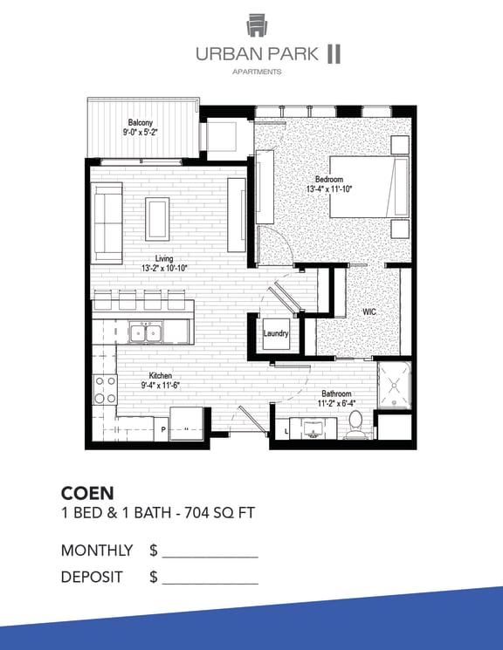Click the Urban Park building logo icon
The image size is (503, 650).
coord(257,25)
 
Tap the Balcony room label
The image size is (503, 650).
coord(141,122)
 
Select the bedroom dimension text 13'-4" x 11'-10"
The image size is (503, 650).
coord(329,189)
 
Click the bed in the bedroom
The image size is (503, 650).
coord(369,187)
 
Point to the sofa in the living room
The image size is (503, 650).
coord(107,223)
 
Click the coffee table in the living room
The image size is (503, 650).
coord(157,219)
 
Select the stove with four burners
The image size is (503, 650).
coord(105,390)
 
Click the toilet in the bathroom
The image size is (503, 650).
coord(355,425)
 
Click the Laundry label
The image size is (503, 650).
coord(276,333)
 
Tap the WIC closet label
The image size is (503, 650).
coord(369,311)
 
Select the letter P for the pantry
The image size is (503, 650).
coord(163,429)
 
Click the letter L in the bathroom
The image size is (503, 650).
coord(286,431)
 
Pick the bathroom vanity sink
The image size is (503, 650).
coord(314,428)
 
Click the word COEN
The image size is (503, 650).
coord(87,493)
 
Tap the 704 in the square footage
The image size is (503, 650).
coord(197,513)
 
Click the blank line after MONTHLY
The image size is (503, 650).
coord(210,558)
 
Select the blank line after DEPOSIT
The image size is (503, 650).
coord(210,584)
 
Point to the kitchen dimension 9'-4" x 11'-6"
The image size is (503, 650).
coord(160,385)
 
